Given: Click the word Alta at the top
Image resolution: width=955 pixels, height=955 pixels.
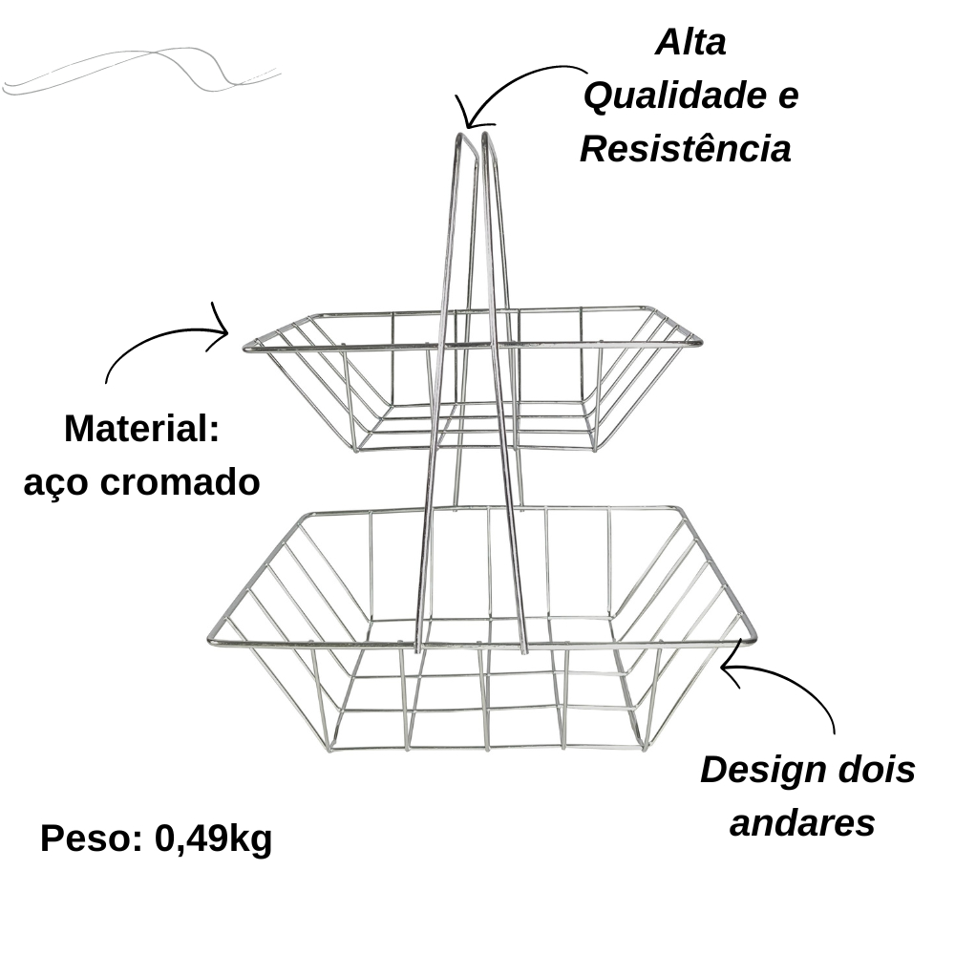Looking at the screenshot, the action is click(x=690, y=43).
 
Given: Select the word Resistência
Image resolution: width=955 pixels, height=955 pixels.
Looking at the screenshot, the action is click(x=685, y=149).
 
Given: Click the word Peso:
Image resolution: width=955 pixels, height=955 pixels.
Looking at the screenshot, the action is click(x=92, y=838).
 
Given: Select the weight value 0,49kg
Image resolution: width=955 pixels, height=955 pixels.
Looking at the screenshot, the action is click(x=213, y=839).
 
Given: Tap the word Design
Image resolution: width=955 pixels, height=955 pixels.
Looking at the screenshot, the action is click(x=764, y=772).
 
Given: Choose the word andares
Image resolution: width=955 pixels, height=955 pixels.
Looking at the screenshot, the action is click(x=802, y=823).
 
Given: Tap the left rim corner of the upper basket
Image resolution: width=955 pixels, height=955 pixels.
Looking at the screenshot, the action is click(x=246, y=349).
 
